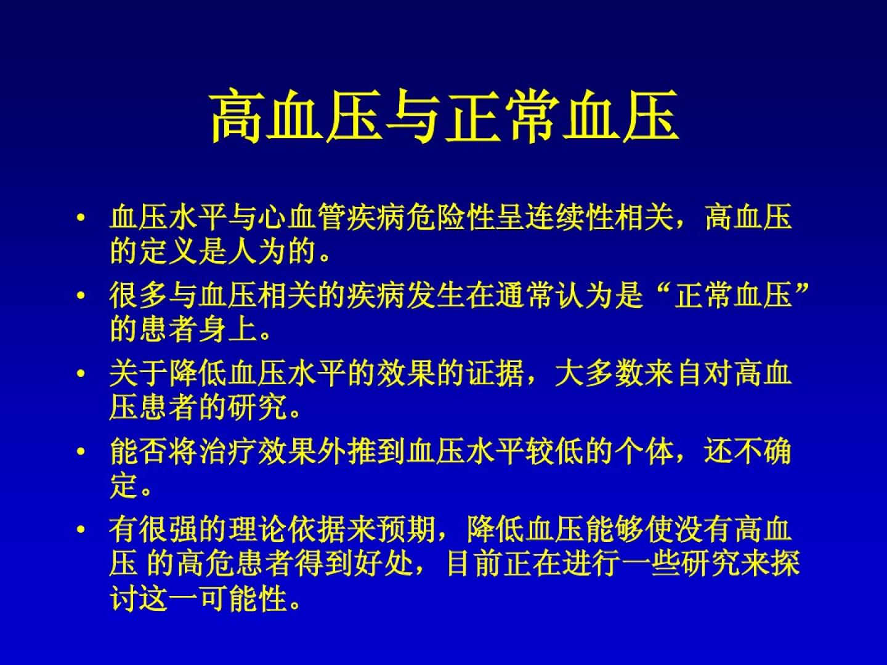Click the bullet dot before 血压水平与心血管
(81, 218)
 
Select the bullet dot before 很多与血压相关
(81, 296)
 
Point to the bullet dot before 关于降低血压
(81, 373)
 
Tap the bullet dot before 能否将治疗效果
(81, 451)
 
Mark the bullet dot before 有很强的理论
(81, 529)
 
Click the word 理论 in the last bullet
(258, 529)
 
